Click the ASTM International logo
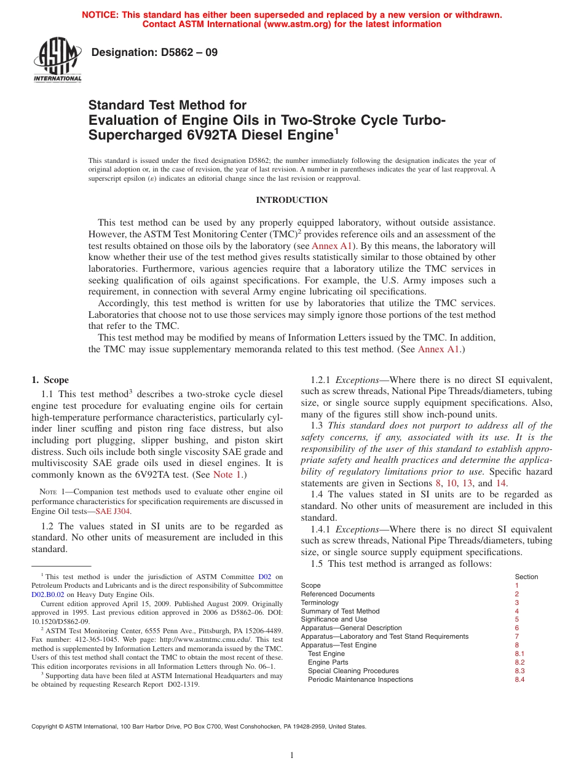coord(57,60)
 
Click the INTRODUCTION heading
coord(291,200)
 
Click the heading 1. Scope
coord(50,380)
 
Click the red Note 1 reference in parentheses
coord(227,475)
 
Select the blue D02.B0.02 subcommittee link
coord(48,594)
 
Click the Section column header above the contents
coord(526,577)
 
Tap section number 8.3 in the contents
coord(519,671)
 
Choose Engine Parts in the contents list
coord(328,662)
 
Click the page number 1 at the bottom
coord(292,756)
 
